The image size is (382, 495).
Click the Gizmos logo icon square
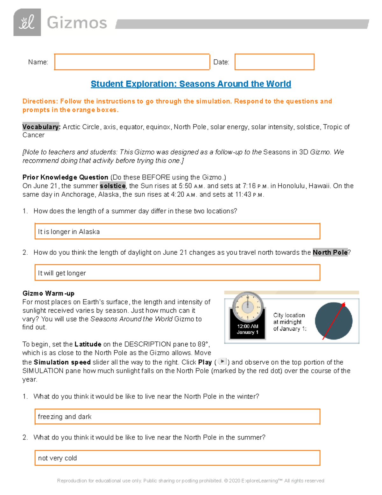tap(27, 22)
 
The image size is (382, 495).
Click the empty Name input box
tap(132, 62)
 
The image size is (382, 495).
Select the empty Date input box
tap(274, 62)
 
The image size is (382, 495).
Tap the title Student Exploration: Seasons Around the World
tap(191, 84)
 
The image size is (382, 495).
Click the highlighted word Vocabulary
tap(41, 127)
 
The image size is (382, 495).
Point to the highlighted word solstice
tap(113, 186)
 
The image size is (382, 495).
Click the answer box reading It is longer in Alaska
tap(177, 231)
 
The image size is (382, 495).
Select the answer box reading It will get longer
tap(177, 273)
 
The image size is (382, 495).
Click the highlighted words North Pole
tap(330, 252)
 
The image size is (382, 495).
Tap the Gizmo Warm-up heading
tap(48, 293)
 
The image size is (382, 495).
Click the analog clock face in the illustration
tap(248, 307)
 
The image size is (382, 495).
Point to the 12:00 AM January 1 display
tap(248, 329)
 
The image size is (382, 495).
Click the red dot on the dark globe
tap(343, 305)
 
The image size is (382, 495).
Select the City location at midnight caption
tap(289, 322)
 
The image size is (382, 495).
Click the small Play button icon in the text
tap(222, 361)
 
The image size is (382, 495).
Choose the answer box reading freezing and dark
tap(177, 417)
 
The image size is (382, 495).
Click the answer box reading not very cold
tap(177, 458)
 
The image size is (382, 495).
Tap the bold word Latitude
tap(88, 344)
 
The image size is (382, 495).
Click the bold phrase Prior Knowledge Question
tap(65, 177)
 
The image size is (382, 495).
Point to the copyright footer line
tap(190, 481)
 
